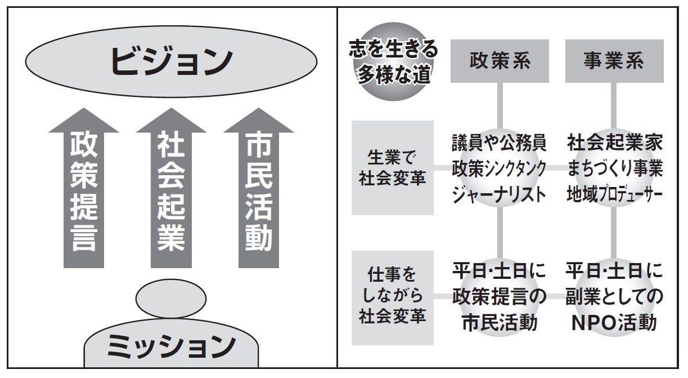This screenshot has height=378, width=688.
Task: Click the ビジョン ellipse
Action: pos(172,61)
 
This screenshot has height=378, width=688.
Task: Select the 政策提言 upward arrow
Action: pos(84,192)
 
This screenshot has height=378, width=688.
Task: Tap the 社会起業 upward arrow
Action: pos(171,192)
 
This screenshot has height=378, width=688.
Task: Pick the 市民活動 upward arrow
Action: pos(259,192)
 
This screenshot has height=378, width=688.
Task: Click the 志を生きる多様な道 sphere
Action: pos(393,61)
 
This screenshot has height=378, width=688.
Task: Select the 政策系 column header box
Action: pos(500,61)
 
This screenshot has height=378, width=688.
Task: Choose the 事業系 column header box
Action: pos(614,61)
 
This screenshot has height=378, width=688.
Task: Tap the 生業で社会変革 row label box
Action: pos(393,167)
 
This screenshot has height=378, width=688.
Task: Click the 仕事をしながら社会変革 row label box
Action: pos(393,297)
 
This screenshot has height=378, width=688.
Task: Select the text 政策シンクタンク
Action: pos(499,168)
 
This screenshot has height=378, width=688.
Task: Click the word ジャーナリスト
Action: pos(499,194)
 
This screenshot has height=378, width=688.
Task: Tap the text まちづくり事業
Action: pos(614,168)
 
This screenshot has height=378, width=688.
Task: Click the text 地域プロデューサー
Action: pos(614,194)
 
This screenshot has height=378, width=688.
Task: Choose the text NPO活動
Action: pos(614,323)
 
